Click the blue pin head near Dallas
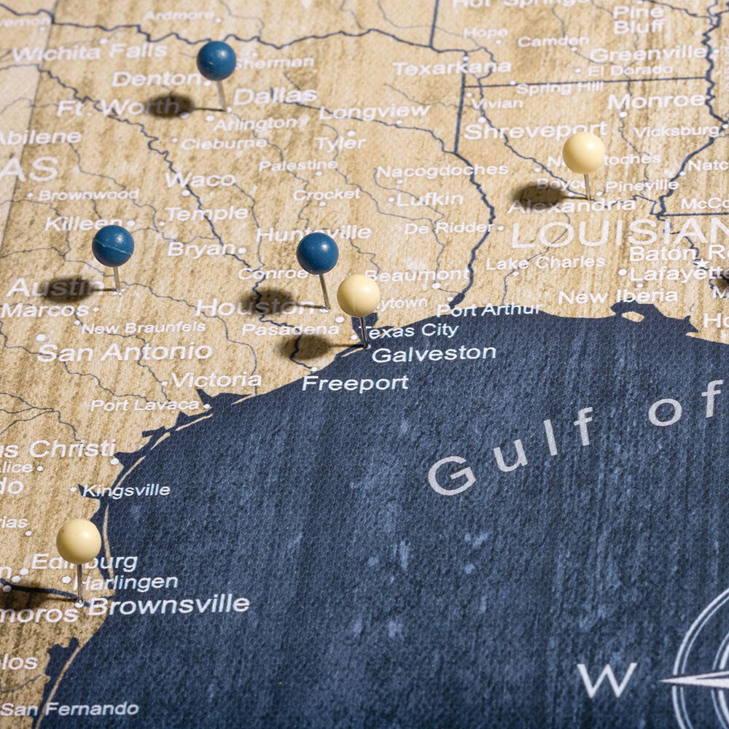(x=217, y=61)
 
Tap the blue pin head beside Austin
(x=113, y=246)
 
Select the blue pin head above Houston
(x=317, y=253)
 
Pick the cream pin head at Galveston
(x=358, y=295)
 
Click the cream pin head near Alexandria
(x=583, y=152)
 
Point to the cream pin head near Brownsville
(x=79, y=541)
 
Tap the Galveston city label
(x=434, y=354)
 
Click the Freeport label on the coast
(x=355, y=383)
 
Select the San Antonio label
(x=125, y=353)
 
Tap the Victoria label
(x=217, y=380)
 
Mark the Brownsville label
(x=168, y=605)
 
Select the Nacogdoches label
(x=442, y=171)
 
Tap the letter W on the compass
(x=607, y=679)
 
